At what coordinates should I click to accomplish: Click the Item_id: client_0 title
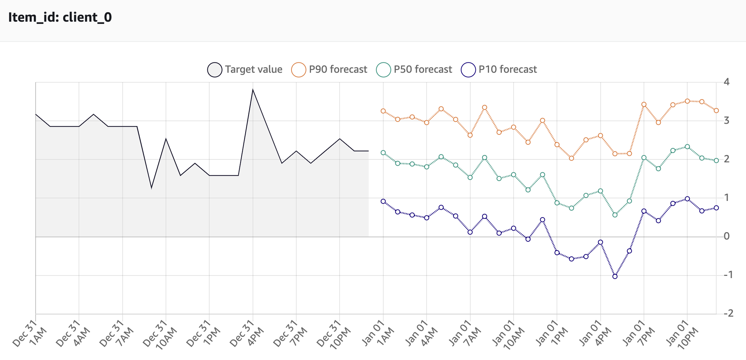[x=60, y=17]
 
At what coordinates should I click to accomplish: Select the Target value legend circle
[x=215, y=70]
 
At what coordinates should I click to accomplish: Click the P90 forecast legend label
[x=338, y=69]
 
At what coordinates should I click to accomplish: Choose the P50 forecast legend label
[x=423, y=69]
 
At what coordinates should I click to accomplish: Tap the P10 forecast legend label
[x=507, y=69]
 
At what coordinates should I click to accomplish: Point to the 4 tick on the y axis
[x=726, y=82]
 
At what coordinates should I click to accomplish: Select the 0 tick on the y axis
[x=726, y=236]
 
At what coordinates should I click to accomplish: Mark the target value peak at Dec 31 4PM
[x=253, y=90]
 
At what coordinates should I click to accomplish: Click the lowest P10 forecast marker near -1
[x=615, y=276]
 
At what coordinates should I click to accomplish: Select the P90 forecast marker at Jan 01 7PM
[x=644, y=105]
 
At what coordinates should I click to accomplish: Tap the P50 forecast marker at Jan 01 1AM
[x=383, y=153]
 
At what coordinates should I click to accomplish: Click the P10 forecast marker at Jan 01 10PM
[x=687, y=199]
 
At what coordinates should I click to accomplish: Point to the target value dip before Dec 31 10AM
[x=152, y=187]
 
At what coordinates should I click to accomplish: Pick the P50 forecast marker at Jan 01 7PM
[x=644, y=158]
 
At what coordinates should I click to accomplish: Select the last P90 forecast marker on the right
[x=716, y=111]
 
